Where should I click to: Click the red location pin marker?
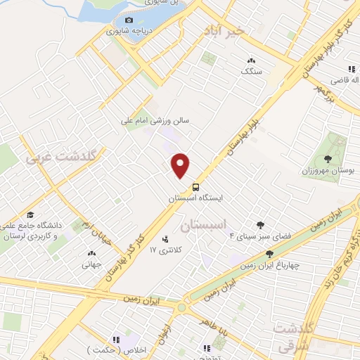(181, 165)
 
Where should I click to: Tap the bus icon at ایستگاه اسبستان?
(195, 188)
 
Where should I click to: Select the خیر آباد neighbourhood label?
(224, 30)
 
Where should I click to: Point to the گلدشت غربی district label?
(50, 157)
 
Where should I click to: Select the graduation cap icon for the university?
(30, 214)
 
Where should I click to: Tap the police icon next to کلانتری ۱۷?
(165, 239)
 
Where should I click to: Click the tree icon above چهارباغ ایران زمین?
(269, 254)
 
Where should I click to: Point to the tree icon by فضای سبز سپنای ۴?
(260, 225)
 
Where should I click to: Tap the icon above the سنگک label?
(251, 61)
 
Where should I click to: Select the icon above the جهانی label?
(91, 254)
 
